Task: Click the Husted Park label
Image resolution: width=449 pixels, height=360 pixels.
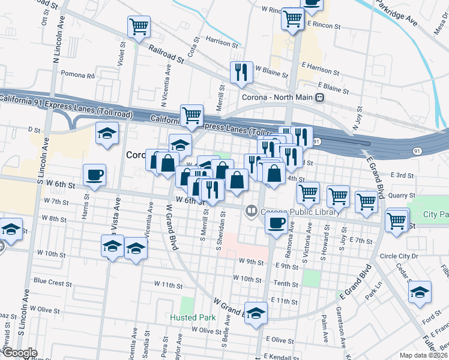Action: coord(192,317)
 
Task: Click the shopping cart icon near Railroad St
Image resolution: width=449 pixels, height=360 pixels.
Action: coord(139,27)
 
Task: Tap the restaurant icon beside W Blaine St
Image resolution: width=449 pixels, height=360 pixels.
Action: coord(241,73)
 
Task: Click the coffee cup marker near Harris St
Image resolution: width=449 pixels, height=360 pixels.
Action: coord(95,175)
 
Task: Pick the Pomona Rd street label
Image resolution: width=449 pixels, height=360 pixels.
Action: coord(78,76)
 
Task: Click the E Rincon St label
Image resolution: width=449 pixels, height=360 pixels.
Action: coord(324,27)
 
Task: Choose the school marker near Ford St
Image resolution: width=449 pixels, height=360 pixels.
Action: coord(420,293)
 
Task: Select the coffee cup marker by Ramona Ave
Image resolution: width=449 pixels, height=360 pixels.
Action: coord(276,223)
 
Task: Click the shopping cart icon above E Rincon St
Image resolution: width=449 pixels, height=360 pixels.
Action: coord(292,19)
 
